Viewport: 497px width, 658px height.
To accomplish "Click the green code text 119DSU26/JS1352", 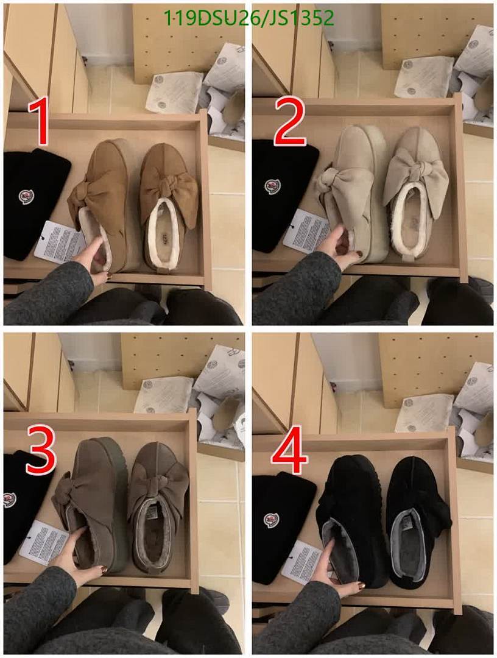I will tap(249, 18).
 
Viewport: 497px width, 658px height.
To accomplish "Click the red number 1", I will tap(41, 122).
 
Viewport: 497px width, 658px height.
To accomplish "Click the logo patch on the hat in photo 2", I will tap(272, 186).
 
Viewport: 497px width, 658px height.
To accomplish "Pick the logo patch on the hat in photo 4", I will tap(271, 520).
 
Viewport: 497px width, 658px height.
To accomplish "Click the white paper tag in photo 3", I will tap(44, 542).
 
